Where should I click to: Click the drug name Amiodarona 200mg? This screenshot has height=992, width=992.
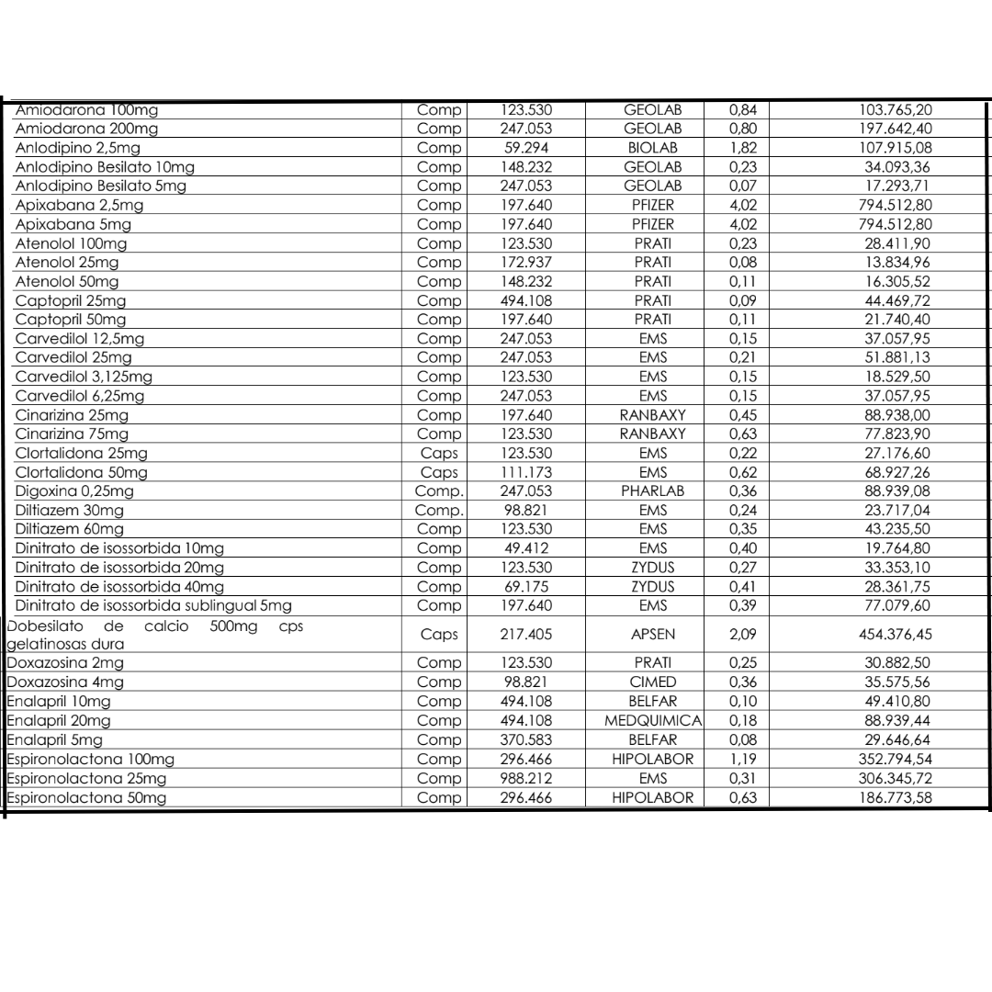coord(85,128)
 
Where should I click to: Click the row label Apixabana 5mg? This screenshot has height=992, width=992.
coord(73,224)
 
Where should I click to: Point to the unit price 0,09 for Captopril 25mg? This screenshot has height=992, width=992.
coord(735,300)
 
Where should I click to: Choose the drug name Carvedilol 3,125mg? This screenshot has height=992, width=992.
coord(85,377)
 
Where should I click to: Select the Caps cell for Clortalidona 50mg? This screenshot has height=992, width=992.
coord(438,472)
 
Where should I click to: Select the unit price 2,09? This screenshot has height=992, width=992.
coord(735,635)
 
